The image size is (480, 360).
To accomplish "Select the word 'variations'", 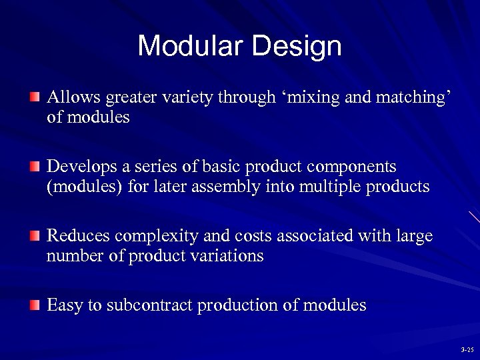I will pyautogui.click(x=227, y=256).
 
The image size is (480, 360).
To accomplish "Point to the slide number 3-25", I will pyautogui.click(x=466, y=349).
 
